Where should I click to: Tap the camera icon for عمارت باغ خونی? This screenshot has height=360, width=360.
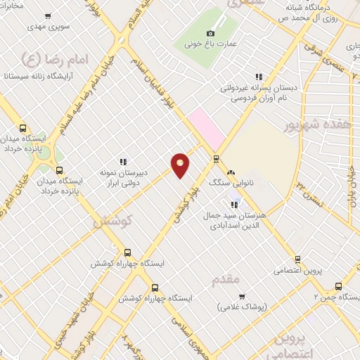click(210, 34)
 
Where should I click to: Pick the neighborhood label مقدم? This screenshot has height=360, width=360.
click(226, 281)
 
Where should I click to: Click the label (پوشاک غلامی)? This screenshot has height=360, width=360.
click(239, 307)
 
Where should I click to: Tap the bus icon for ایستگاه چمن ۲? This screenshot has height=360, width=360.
click(338, 286)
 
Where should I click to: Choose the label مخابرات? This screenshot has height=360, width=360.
click(10, 6)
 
